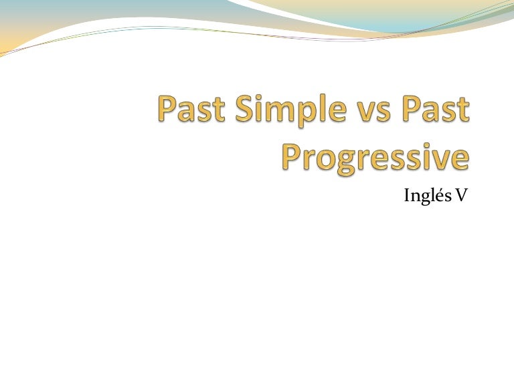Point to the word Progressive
click(375, 156)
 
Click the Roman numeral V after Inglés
click(461, 196)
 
